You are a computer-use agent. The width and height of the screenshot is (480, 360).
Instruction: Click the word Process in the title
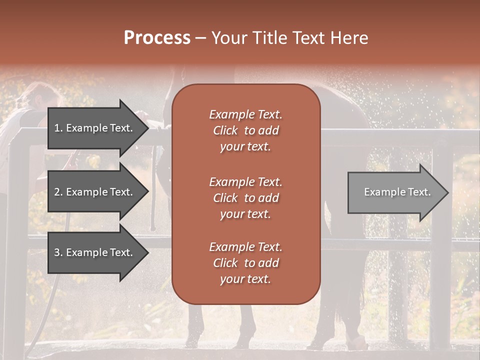point(157,38)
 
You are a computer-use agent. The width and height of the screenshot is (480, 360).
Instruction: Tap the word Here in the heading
point(348,38)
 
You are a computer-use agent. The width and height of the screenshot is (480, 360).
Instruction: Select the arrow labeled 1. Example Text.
point(95,128)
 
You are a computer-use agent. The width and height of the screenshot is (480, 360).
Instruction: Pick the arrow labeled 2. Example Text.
point(95,192)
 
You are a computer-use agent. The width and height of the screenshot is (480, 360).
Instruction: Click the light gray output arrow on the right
point(395,192)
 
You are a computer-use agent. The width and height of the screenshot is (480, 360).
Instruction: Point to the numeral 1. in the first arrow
point(58,128)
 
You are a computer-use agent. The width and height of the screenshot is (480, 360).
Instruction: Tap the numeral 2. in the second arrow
point(58,192)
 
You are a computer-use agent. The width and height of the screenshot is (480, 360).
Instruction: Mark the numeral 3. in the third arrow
point(58,253)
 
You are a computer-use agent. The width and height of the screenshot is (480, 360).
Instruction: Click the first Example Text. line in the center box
point(245,114)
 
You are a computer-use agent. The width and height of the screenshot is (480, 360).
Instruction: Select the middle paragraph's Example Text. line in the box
point(245,182)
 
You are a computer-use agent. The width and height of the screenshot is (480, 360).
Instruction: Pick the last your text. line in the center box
point(245,279)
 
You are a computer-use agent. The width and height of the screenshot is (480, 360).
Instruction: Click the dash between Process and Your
point(201,38)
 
